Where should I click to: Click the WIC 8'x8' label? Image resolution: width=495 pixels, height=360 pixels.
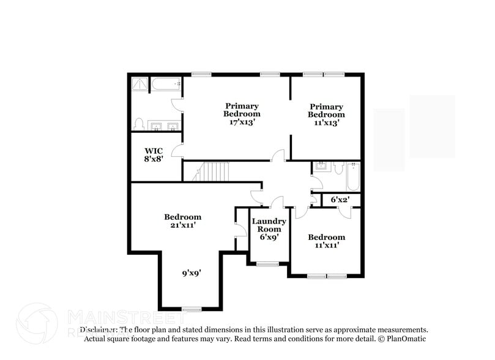click(x=154, y=154)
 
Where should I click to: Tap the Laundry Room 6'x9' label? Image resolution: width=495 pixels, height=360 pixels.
click(x=269, y=228)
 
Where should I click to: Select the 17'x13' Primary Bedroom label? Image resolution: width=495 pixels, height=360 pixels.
click(x=241, y=114)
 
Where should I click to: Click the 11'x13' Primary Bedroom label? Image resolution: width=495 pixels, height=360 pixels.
click(x=326, y=114)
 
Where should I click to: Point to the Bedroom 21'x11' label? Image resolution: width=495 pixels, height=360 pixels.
click(x=182, y=221)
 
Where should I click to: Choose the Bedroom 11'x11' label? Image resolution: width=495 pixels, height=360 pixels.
click(x=326, y=241)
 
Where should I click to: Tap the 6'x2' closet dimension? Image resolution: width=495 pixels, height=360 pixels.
click(x=339, y=200)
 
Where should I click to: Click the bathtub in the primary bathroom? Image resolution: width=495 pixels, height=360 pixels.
click(x=166, y=84)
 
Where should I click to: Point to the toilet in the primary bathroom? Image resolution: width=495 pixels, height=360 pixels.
click(x=138, y=124)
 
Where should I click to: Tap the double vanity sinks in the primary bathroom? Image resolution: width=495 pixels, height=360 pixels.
click(x=164, y=126)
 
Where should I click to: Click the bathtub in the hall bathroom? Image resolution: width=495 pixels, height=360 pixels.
click(x=353, y=176)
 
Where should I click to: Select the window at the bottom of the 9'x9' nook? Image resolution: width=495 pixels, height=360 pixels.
click(x=192, y=309)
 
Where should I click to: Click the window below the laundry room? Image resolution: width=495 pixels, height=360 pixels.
click(x=267, y=264)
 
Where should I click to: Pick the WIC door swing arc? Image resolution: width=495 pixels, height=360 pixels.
click(x=177, y=149)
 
